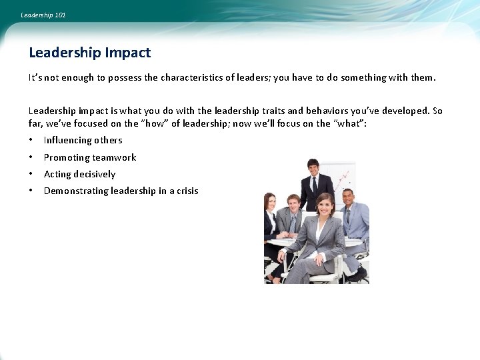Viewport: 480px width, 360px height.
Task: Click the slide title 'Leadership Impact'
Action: click(90, 53)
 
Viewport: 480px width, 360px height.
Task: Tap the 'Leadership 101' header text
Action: click(43, 15)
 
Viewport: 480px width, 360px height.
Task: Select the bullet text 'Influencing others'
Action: click(83, 140)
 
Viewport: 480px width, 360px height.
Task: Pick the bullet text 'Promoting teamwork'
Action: click(90, 157)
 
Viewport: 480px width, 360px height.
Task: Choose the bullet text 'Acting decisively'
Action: click(79, 174)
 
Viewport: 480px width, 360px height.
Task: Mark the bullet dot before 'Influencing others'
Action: click(31, 140)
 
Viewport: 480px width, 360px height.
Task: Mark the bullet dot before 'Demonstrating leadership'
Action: click(31, 191)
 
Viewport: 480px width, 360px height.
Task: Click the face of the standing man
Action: click(313, 167)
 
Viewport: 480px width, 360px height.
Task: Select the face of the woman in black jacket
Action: click(271, 201)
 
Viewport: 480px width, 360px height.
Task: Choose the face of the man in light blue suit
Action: click(348, 198)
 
